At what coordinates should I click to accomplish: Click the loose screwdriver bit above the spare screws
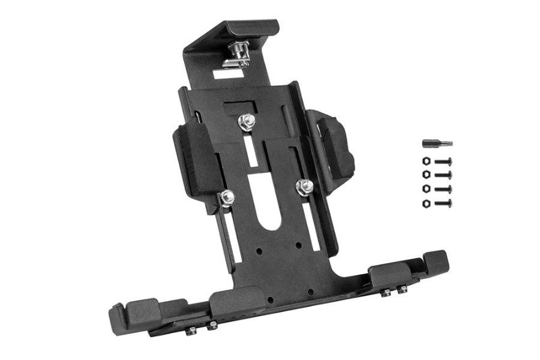[437, 144]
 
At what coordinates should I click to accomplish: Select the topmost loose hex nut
[426, 161]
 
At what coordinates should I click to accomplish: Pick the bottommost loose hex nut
[426, 203]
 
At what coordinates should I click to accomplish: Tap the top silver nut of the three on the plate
[246, 122]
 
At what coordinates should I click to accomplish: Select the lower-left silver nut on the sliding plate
[227, 196]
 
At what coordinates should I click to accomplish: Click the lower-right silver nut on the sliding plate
[305, 187]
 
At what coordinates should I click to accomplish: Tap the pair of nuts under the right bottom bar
[394, 291]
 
